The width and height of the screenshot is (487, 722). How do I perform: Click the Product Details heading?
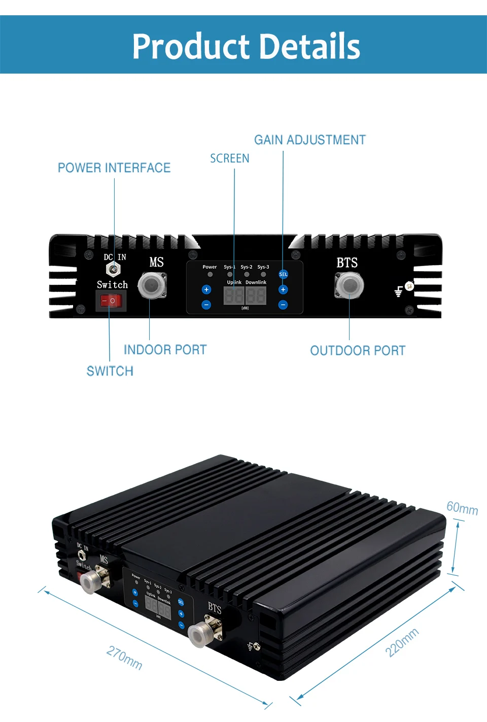pyautogui.click(x=246, y=46)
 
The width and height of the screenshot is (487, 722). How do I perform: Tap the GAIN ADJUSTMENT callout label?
pyautogui.click(x=310, y=140)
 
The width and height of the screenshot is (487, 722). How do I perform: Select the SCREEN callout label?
pyautogui.click(x=230, y=158)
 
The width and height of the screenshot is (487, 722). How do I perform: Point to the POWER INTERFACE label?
pyautogui.click(x=114, y=168)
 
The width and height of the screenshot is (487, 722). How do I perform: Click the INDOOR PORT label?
pyautogui.click(x=165, y=350)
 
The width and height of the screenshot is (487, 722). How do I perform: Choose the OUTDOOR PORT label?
pyautogui.click(x=358, y=351)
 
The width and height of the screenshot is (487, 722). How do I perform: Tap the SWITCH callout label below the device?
pyautogui.click(x=110, y=371)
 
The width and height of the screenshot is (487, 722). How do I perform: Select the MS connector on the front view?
pyautogui.click(x=152, y=285)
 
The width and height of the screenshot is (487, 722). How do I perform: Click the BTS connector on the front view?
pyautogui.click(x=349, y=285)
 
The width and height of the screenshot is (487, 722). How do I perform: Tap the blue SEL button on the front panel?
pyautogui.click(x=283, y=274)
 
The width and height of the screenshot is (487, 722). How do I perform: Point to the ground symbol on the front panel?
pyautogui.click(x=399, y=291)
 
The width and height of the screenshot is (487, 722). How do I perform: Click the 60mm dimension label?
pyautogui.click(x=462, y=508)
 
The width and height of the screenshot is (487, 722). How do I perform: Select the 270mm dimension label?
pyautogui.click(x=124, y=658)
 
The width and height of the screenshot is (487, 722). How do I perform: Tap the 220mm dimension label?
pyautogui.click(x=402, y=643)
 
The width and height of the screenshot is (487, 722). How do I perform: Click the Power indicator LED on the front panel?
pyautogui.click(x=210, y=274)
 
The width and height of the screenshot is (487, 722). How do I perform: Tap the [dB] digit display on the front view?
pyautogui.click(x=245, y=296)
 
